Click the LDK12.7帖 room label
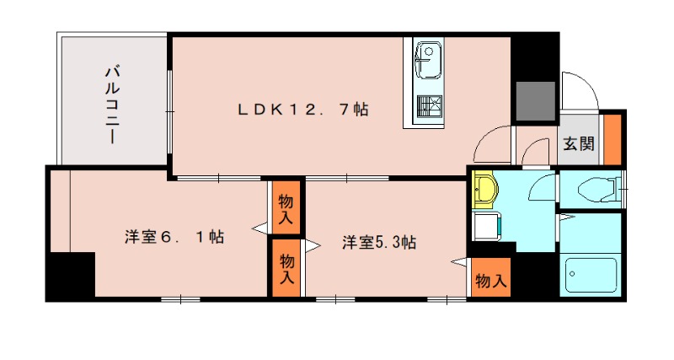302,109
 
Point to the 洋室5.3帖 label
378,243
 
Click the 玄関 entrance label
578,143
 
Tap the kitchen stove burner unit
429,107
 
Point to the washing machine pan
486,227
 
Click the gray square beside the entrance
534,101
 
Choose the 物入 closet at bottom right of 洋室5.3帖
489,280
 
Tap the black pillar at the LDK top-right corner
534,55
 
